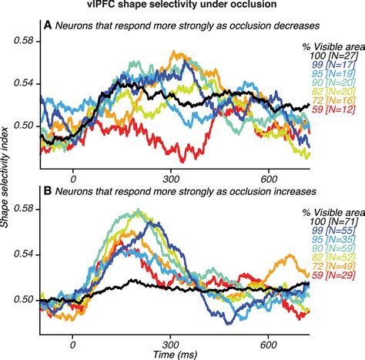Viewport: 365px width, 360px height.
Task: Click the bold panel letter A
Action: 48,24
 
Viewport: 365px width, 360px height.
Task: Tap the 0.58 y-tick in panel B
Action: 26,209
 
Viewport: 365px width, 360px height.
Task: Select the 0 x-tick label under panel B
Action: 72,337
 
